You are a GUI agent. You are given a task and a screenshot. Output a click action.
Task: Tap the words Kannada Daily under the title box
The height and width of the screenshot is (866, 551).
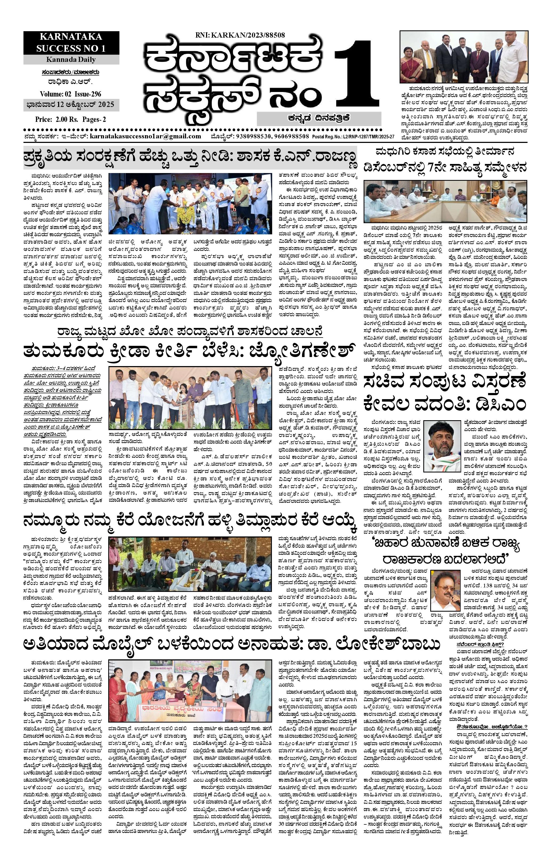click(x=71, y=59)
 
